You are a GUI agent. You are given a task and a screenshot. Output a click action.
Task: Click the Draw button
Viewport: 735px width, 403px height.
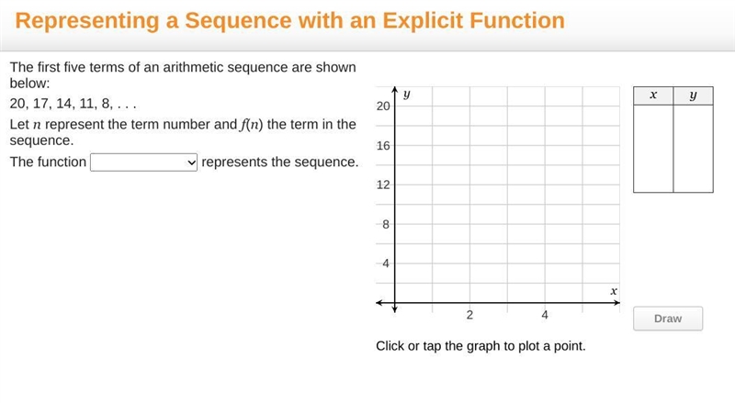[x=668, y=319]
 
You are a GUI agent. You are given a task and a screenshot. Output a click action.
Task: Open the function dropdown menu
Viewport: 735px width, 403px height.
[x=143, y=162]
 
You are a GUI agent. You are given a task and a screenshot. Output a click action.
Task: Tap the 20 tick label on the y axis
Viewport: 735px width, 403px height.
[x=383, y=106]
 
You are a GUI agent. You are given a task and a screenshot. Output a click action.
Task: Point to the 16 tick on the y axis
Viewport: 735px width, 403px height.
[x=383, y=146]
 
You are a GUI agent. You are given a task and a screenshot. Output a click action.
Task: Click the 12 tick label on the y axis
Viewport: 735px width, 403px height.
[x=383, y=185]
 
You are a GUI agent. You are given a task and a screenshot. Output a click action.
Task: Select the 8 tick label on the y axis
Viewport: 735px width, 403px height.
[x=386, y=225]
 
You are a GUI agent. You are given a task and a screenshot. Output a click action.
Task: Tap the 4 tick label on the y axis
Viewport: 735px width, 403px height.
[x=386, y=263]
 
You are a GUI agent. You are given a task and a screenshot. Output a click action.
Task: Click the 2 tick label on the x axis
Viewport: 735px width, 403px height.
[x=469, y=315]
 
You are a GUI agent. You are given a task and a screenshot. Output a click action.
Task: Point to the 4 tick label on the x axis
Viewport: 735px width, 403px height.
[x=545, y=315]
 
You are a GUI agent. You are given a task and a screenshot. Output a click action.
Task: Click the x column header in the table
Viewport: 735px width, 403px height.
[x=653, y=95]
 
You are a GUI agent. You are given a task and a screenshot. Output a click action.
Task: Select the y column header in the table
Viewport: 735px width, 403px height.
[x=694, y=95]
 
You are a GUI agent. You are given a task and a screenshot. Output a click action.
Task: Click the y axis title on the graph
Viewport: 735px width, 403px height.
[x=406, y=95]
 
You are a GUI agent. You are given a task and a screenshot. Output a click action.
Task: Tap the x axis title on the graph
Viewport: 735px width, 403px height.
[x=614, y=291]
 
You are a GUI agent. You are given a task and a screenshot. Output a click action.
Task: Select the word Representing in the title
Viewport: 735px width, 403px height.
[x=87, y=21]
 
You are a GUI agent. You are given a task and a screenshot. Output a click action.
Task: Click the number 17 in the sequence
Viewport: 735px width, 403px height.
[x=40, y=104]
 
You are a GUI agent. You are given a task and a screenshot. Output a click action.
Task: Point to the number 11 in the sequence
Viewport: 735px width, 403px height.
[x=87, y=104]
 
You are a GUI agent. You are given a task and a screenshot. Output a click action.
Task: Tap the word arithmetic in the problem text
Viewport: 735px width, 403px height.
[x=195, y=68]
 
